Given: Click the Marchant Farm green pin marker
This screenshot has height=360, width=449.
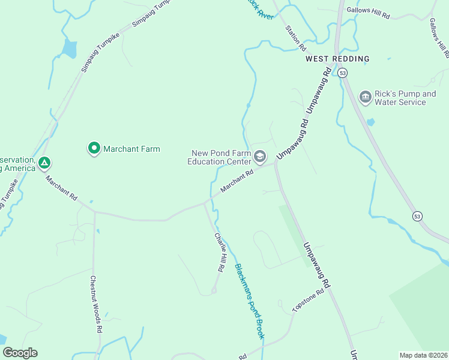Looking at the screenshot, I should pyautogui.click(x=94, y=148).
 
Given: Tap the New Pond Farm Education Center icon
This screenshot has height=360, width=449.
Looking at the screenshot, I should pyautogui.click(x=260, y=157).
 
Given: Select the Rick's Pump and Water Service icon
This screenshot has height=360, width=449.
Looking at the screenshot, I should pyautogui.click(x=365, y=97).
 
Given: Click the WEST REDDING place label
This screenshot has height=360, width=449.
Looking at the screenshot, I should pyautogui.click(x=337, y=59).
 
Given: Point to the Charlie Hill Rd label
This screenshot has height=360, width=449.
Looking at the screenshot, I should pyautogui.click(x=220, y=252).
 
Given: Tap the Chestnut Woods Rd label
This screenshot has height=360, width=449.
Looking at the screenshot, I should pyautogui.click(x=95, y=304).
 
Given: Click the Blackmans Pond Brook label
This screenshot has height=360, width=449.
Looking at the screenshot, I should pyautogui.click(x=249, y=301).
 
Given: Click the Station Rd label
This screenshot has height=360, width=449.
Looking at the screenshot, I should pyautogui.click(x=296, y=37).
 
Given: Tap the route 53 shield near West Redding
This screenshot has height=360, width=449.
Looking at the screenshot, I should pyautogui.click(x=342, y=73).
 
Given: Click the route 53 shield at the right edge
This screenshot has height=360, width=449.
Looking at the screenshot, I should pyautogui.click(x=417, y=216).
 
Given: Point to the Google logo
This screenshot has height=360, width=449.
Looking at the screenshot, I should pyautogui.click(x=20, y=353).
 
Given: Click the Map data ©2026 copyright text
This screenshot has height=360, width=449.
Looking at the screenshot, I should pyautogui.click(x=424, y=355).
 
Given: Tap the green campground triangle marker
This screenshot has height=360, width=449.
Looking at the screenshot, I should pyautogui.click(x=44, y=163).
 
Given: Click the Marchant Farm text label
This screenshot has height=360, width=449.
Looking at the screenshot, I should pyautogui.click(x=131, y=149).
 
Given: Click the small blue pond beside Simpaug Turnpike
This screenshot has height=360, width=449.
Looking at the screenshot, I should pyautogui.click(x=70, y=49).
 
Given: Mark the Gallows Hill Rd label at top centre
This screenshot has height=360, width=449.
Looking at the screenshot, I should pyautogui.click(x=368, y=14).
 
